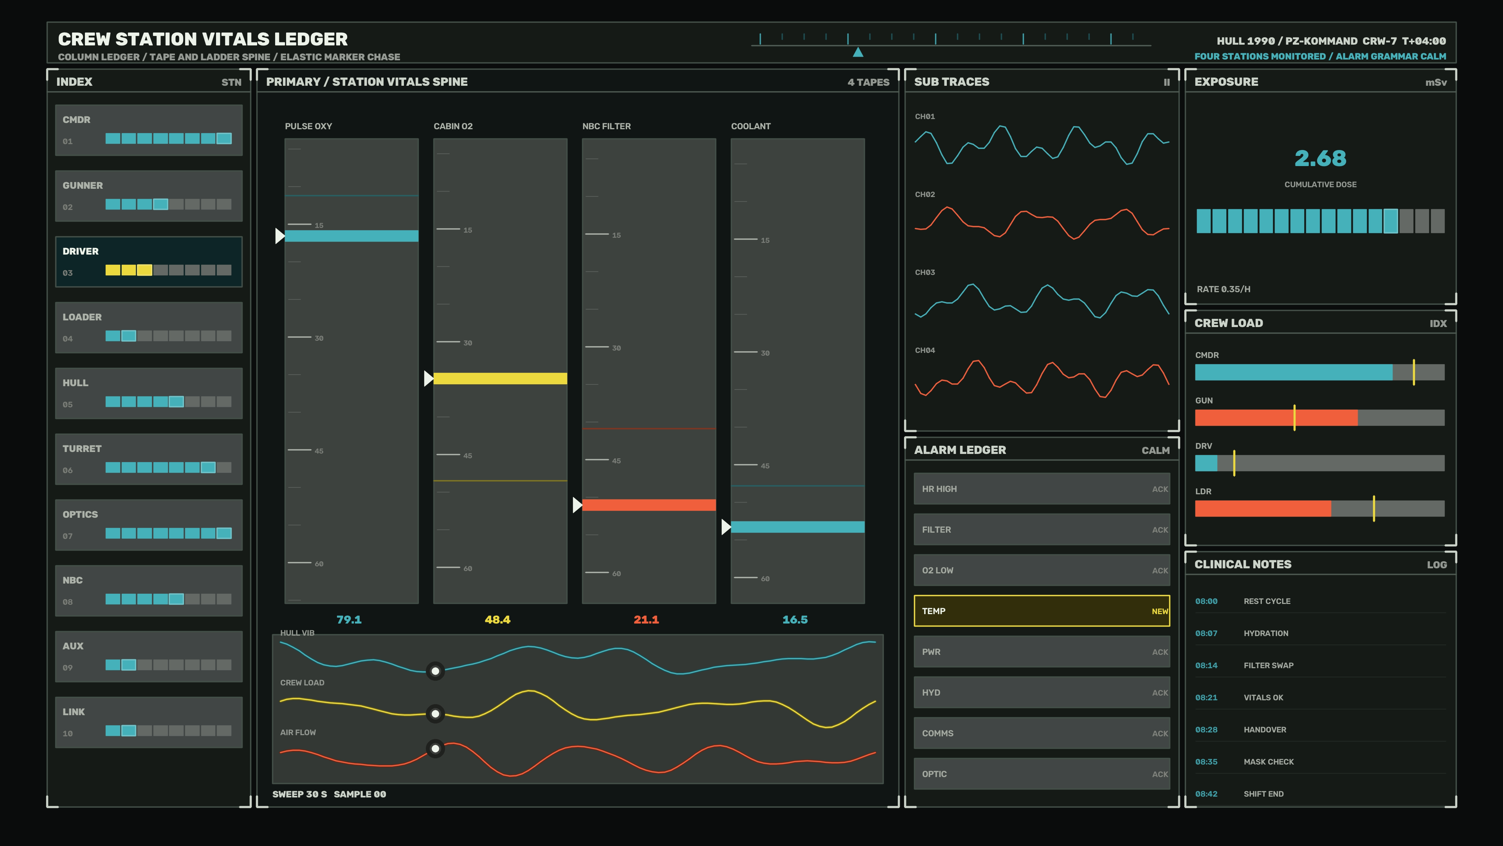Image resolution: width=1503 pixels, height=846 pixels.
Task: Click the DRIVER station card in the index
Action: tap(149, 262)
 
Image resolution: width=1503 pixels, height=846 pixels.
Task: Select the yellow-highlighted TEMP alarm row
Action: tap(1042, 611)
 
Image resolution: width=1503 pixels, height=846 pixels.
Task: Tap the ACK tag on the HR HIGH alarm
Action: tap(1160, 489)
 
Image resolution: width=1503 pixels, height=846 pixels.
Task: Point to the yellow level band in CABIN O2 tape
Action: tap(500, 378)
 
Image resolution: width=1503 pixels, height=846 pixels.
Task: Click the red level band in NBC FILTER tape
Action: tap(649, 505)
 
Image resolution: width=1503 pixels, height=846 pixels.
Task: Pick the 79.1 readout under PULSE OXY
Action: tap(349, 620)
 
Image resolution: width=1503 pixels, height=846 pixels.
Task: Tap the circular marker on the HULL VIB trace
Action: tap(435, 671)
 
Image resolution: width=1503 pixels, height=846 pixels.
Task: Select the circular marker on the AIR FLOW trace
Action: tap(435, 748)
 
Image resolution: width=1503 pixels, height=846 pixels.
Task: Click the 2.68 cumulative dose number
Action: tap(1320, 158)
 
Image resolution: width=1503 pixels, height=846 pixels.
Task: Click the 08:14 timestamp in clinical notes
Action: tap(1206, 665)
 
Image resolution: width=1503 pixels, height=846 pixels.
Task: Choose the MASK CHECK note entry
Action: tap(1269, 762)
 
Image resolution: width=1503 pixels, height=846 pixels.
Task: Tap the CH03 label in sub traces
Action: tap(925, 273)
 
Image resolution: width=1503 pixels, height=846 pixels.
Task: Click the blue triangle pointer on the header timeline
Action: tap(858, 52)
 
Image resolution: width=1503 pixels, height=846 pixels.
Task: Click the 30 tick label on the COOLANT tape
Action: tap(765, 353)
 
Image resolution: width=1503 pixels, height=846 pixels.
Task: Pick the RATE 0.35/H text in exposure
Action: tap(1224, 289)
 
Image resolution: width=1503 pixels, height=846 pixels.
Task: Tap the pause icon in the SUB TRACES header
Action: tap(1167, 82)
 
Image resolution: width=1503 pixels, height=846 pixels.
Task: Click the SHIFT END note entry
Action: tap(1263, 794)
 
